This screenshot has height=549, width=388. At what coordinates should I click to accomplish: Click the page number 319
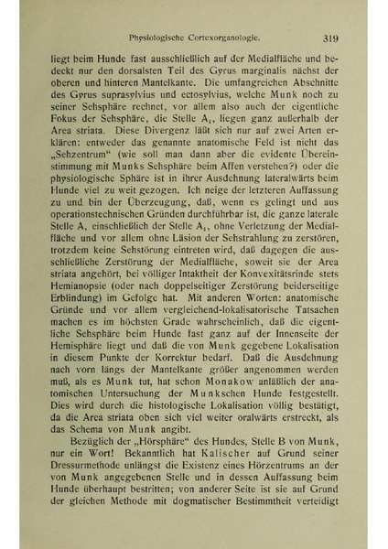point(330,38)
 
